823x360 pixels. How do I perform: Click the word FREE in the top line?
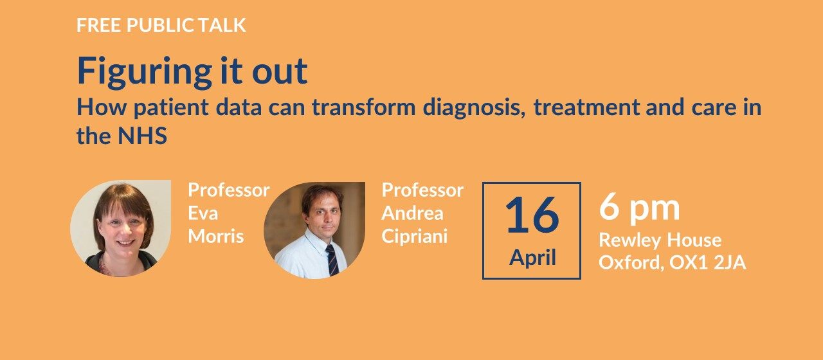98,25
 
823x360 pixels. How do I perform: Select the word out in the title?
280,71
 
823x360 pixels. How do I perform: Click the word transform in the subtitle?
364,107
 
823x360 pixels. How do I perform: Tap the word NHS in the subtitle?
143,136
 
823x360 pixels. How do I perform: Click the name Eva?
203,213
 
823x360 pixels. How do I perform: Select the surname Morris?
216,236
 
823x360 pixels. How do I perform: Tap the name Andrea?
412,213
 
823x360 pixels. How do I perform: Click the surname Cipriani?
415,237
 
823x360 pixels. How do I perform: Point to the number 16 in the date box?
532,215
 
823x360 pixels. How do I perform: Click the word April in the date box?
532,258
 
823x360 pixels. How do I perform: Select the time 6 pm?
639,209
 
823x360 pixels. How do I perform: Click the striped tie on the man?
332,260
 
